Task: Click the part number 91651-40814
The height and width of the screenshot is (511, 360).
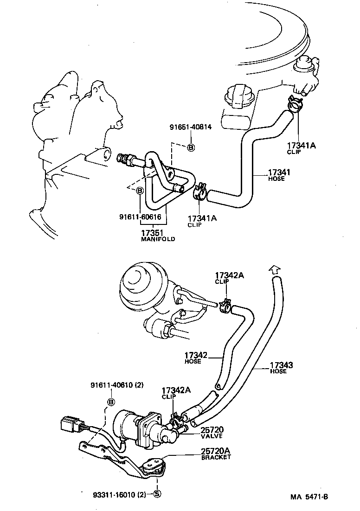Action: coord(190,128)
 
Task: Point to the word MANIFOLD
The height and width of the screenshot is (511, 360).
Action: coord(158,239)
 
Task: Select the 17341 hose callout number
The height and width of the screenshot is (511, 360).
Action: coord(280,173)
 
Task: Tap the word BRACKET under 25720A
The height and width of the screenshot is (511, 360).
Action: coord(216,457)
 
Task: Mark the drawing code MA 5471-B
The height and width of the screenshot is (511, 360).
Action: coord(309,497)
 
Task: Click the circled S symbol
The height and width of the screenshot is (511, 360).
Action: coord(157,494)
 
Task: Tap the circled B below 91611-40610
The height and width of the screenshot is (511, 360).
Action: coord(111,402)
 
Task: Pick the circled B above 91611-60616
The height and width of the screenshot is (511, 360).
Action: coord(140,190)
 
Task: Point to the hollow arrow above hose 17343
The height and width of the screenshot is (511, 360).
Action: coord(274,269)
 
